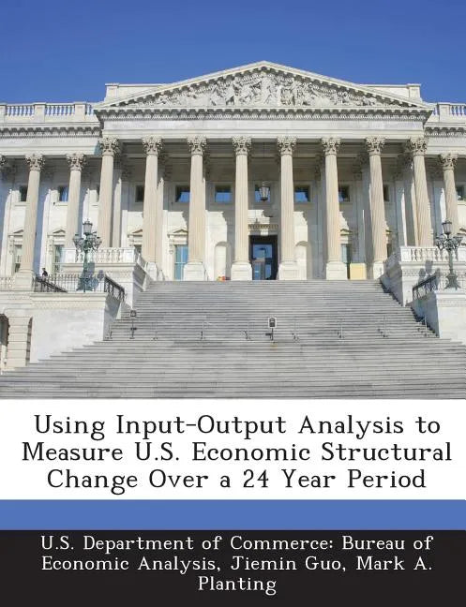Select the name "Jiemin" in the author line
[x=250, y=562]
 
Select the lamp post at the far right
[x=448, y=253]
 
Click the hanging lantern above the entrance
[x=264, y=192]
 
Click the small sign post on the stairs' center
[x=272, y=324]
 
